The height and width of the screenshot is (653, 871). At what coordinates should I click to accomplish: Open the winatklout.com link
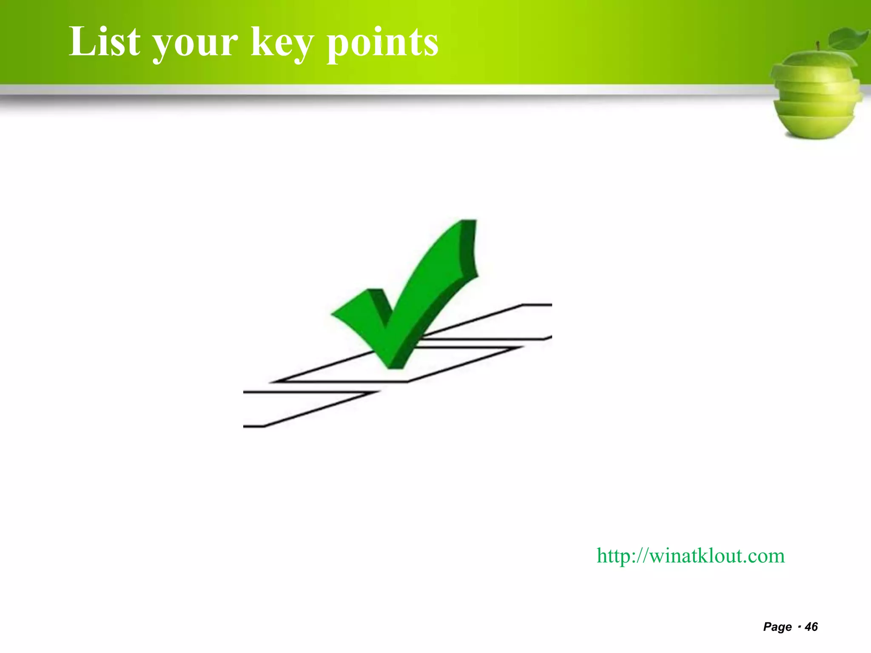pos(690,556)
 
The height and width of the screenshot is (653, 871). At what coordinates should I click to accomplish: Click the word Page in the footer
pos(777,627)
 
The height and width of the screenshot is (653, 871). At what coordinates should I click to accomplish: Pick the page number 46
pos(811,627)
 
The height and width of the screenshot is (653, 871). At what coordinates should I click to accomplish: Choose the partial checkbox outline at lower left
pos(298,408)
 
